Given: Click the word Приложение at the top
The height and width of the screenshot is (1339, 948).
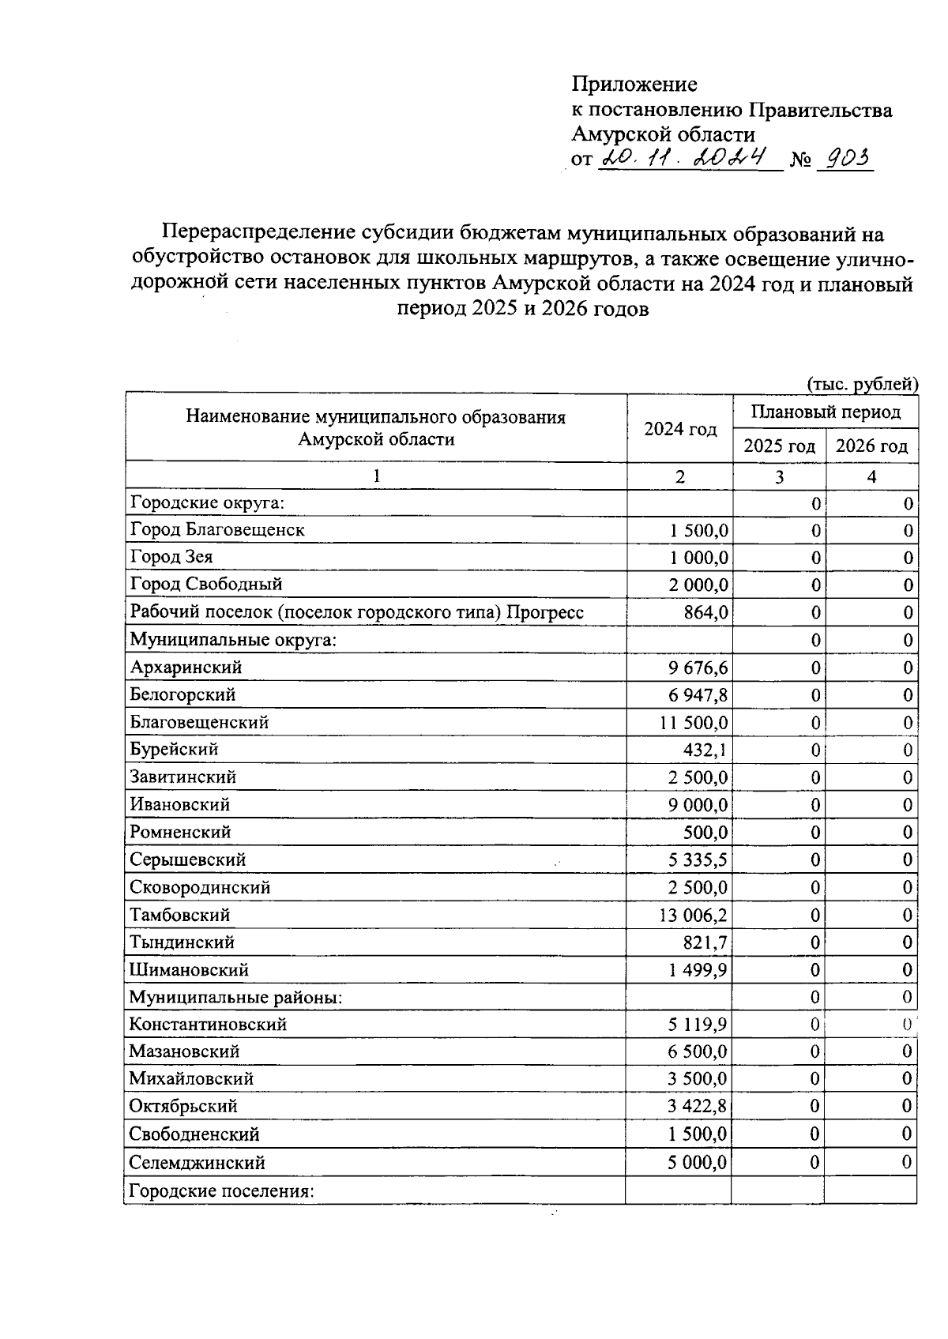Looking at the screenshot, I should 634,84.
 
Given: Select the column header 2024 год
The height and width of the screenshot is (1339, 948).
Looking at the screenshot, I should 680,429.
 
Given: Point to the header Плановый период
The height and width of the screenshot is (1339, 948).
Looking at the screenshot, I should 825,412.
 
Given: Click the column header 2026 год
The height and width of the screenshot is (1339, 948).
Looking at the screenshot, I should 871,446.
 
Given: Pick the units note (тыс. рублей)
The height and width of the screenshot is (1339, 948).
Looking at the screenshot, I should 862,384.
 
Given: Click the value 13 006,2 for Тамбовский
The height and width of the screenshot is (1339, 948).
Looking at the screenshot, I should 688,915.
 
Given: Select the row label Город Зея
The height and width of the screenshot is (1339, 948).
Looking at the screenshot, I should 171,557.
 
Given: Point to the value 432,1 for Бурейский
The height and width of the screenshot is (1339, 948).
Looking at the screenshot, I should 705,750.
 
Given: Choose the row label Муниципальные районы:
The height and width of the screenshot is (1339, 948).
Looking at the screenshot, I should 235,997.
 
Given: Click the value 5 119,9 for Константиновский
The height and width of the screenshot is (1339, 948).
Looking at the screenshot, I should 698,1025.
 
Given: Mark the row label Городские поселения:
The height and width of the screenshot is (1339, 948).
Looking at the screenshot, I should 222,1190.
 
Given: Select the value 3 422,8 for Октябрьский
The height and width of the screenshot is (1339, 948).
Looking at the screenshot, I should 698,1107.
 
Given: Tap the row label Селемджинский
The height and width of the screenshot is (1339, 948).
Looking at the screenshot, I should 197,1162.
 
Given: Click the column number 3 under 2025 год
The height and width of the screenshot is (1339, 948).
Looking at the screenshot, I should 779,476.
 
